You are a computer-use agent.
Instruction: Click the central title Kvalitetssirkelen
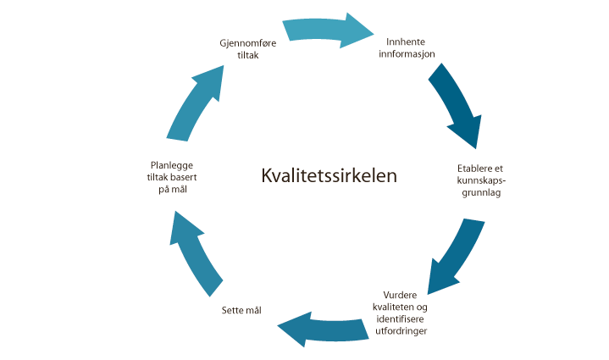coord(329,175)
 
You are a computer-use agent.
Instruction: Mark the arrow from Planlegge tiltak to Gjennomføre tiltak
coord(197,101)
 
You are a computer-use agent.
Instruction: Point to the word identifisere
coord(400,318)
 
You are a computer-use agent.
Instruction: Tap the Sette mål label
coord(241,310)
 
